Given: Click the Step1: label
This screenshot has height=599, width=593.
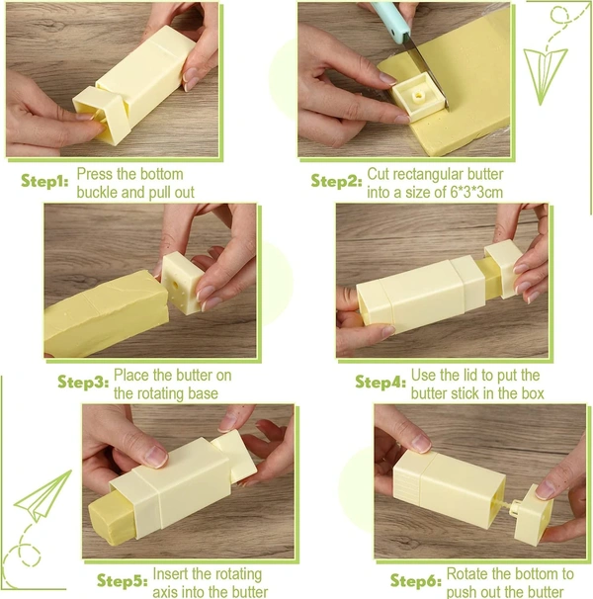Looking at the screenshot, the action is [44, 181].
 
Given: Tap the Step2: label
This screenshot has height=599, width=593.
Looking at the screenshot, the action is [336, 181].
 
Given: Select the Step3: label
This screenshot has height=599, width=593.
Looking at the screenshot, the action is [83, 382].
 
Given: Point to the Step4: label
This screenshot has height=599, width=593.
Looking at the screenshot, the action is [381, 382].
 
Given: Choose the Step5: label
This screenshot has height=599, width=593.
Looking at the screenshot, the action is [123, 580].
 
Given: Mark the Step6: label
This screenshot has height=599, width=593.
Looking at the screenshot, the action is [416, 580].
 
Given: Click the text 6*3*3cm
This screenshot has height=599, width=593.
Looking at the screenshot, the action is [476, 192].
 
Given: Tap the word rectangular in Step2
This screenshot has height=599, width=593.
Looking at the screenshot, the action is [428, 175].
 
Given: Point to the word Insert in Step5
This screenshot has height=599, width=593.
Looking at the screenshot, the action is [170, 574].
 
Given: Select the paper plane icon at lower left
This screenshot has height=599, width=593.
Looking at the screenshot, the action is [43, 496].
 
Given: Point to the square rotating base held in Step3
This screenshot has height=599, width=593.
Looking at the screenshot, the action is [184, 282].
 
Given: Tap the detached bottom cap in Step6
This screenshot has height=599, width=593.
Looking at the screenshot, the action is [533, 514].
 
